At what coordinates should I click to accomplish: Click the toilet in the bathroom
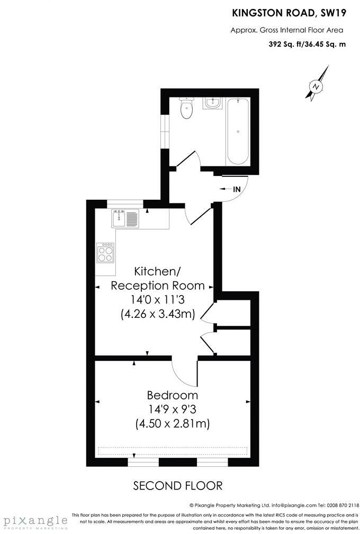pyautogui.click(x=186, y=109)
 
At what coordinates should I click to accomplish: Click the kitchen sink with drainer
pyautogui.click(x=125, y=218)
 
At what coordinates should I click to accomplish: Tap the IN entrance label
pyautogui.click(x=237, y=189)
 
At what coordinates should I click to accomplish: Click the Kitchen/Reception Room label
pyautogui.click(x=157, y=279)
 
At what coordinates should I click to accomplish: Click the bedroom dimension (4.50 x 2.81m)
pyautogui.click(x=173, y=424)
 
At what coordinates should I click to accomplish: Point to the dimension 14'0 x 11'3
pyautogui.click(x=158, y=300)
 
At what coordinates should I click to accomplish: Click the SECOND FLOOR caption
pyautogui.click(x=178, y=485)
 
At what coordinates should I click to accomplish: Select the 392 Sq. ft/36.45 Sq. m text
pyautogui.click(x=308, y=44)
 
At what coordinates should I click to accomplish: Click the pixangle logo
pyautogui.click(x=34, y=521)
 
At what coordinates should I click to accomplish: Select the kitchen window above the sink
pyautogui.click(x=125, y=203)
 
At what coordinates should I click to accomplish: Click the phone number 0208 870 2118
pyautogui.click(x=339, y=505)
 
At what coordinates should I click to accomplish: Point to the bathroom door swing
pyautogui.click(x=187, y=159)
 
